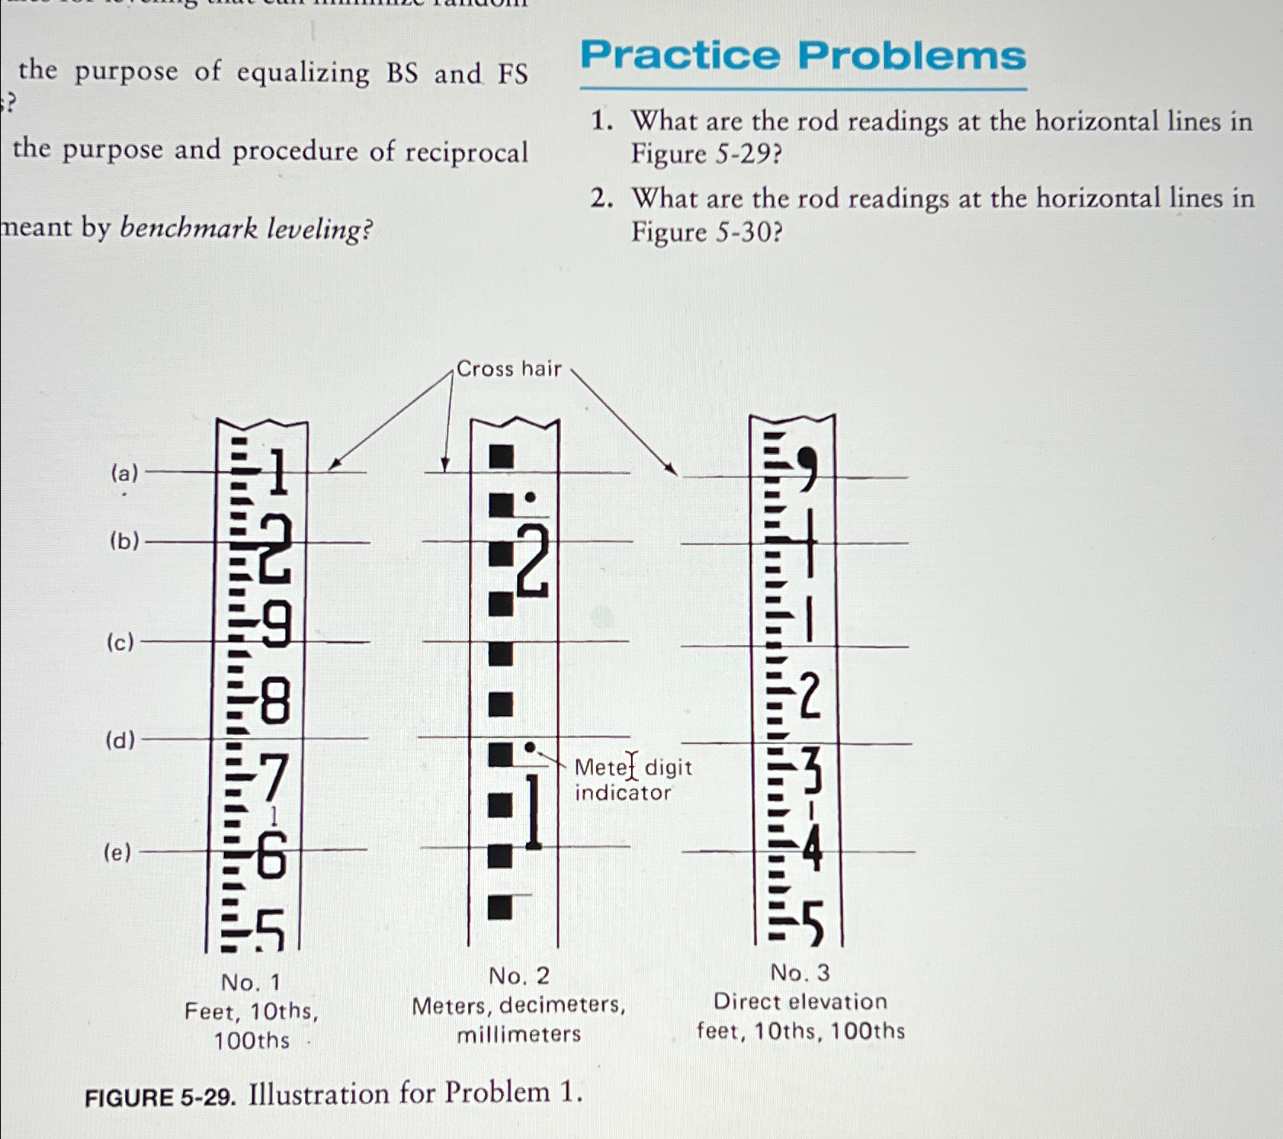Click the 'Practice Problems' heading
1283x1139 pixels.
coord(803,56)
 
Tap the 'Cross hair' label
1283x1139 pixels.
coord(508,369)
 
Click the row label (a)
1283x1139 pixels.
coord(124,473)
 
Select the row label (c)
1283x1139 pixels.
coord(120,643)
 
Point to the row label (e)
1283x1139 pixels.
coord(117,852)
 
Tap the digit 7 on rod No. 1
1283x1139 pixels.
coord(272,778)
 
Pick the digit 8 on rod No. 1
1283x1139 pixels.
coord(275,702)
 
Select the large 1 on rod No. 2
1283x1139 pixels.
coord(533,811)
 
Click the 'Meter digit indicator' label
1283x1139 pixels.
coord(633,779)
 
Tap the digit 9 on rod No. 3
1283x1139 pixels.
coord(807,466)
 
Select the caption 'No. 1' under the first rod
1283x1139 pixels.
coord(250,982)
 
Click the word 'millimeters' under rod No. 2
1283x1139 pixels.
coord(518,1035)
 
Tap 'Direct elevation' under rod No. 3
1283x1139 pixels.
coord(800,1002)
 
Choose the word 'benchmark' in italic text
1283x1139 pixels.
coord(188,228)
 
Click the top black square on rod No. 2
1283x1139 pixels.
coord(501,456)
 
